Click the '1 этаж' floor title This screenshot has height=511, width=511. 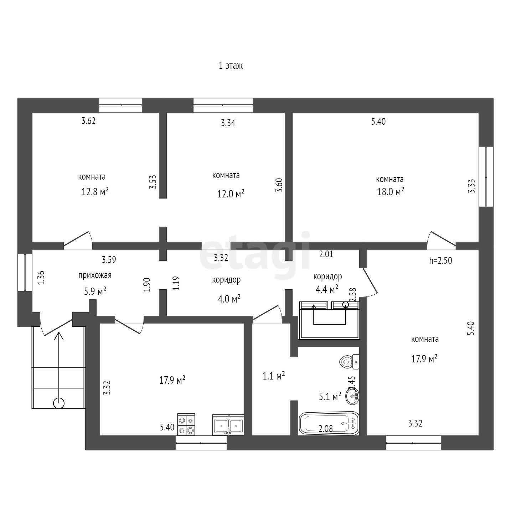point(231,66)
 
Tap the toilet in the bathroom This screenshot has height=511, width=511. point(349,361)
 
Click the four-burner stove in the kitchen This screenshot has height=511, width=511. point(186,424)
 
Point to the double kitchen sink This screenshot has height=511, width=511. point(228,425)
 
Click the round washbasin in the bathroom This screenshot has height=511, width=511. point(352,397)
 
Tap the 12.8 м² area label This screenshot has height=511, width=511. point(95,191)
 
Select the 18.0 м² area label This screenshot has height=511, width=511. point(391,191)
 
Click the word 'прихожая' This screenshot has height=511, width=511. point(95,275)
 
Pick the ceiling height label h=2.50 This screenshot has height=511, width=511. point(440,260)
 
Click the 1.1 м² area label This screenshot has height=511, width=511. point(274,376)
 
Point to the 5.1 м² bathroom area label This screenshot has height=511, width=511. point(330,397)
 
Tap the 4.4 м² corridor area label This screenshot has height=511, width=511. point(327,289)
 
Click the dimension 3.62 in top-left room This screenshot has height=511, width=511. point(88,121)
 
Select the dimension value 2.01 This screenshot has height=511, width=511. point(326,254)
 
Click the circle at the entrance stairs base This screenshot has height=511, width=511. point(58,403)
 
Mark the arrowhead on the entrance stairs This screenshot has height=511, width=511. point(58,336)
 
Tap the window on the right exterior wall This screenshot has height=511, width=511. point(486,177)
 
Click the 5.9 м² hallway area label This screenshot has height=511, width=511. point(95,291)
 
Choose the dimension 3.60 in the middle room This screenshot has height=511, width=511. point(279,185)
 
